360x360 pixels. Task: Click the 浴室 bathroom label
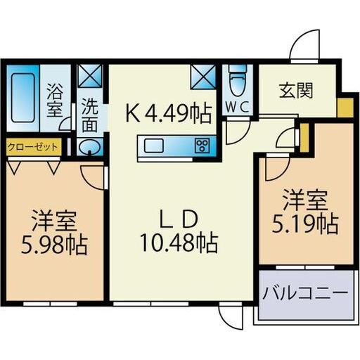point(55,101)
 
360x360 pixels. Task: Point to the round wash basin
point(90,147)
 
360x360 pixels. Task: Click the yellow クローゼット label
point(34,148)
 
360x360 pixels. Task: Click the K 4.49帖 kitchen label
point(169,112)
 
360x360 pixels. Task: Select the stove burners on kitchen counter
point(202,146)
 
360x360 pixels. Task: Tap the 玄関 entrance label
point(295,90)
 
